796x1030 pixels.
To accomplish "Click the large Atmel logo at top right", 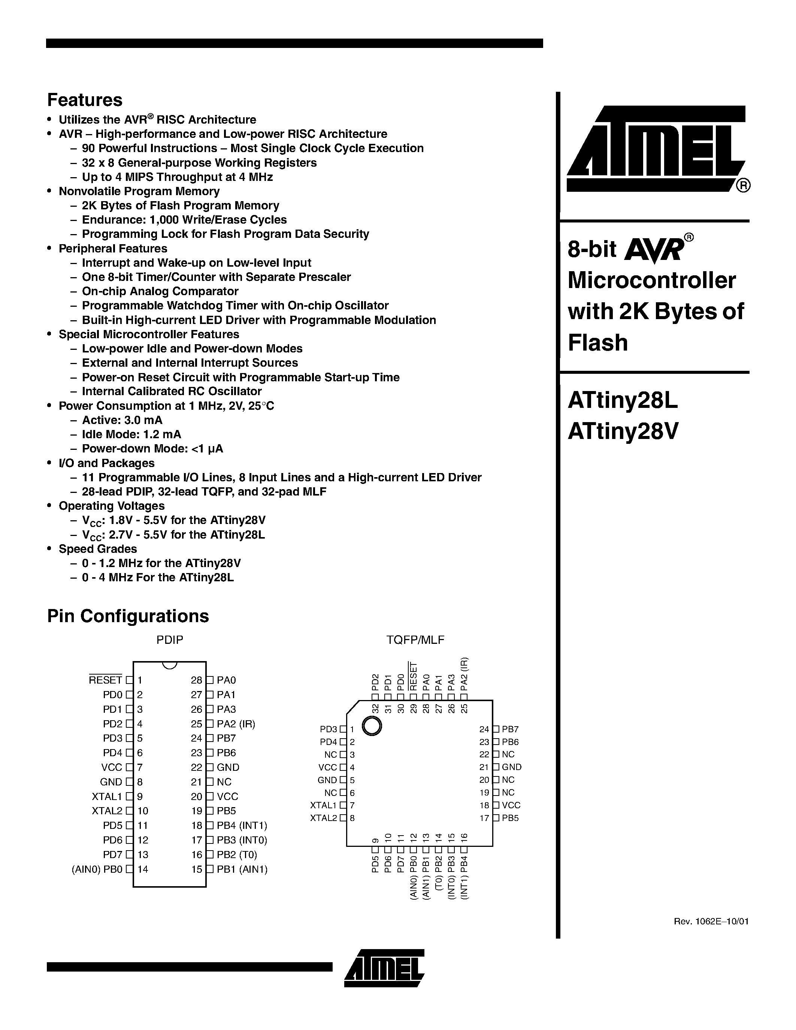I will (x=658, y=149).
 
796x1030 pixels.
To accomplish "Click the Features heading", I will (x=85, y=100).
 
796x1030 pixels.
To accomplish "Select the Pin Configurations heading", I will (x=128, y=616).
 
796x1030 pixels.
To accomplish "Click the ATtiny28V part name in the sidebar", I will (x=623, y=431).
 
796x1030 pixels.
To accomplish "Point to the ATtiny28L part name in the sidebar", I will (x=623, y=400).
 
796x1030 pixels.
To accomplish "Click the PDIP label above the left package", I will (x=170, y=639).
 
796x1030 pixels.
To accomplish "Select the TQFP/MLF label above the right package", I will (x=415, y=639).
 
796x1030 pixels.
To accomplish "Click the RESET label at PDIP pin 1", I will (x=105, y=680).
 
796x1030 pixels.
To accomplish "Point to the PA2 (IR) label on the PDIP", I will (x=236, y=724).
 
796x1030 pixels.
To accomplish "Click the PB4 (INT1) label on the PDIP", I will (x=242, y=825).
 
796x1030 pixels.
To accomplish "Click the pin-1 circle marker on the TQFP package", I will (x=372, y=725).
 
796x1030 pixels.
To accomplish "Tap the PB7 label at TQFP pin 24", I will (x=510, y=729).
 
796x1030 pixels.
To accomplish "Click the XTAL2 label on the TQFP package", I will (x=324, y=818).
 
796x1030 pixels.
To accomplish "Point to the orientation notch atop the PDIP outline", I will (x=169, y=664).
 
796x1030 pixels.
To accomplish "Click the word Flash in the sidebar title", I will (x=597, y=342).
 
